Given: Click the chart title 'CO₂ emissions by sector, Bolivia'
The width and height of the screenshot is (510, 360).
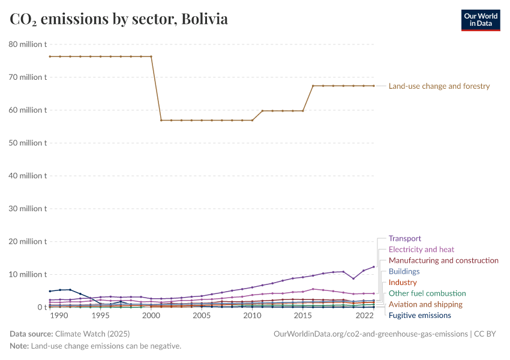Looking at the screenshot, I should click(x=119, y=19).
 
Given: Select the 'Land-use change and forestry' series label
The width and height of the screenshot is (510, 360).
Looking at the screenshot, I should click(x=439, y=86).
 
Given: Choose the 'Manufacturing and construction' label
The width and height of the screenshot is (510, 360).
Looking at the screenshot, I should click(x=443, y=260).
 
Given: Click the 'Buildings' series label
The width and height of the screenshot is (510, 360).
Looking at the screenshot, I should click(x=404, y=271).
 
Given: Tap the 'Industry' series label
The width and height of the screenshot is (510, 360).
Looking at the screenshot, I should click(x=403, y=282).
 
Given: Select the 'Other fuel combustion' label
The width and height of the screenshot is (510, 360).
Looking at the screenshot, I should click(x=427, y=293).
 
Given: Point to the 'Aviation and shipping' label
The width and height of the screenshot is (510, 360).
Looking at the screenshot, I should click(x=425, y=304).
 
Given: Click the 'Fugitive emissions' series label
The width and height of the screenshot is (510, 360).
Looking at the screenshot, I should click(x=419, y=315).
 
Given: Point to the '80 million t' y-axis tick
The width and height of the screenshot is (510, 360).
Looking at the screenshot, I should click(x=28, y=44).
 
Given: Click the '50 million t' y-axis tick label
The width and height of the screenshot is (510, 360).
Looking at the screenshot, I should click(x=28, y=143).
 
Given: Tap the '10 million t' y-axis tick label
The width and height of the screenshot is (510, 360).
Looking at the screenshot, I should click(x=28, y=274).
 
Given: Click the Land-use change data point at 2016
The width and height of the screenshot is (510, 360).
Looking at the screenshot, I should click(x=313, y=86).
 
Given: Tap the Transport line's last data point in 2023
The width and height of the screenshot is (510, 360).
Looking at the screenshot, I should click(x=374, y=267).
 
